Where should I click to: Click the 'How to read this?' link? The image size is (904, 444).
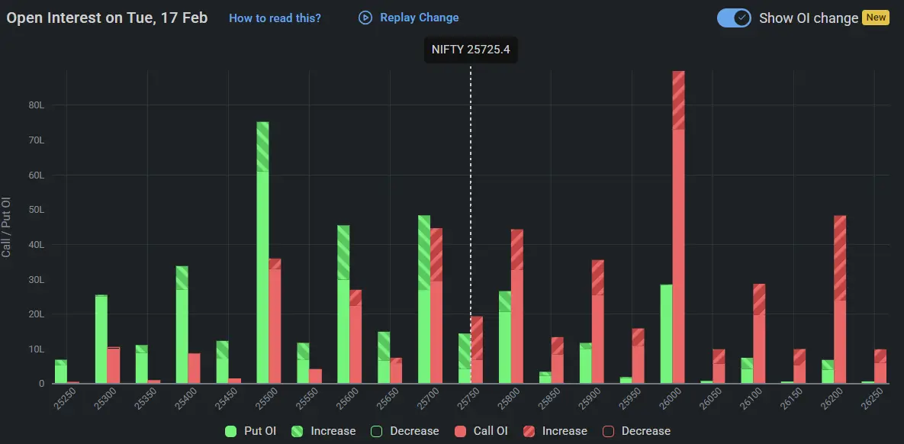coord(275,18)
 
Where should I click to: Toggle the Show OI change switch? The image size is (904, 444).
coord(734,18)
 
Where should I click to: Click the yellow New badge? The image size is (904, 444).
coord(875,18)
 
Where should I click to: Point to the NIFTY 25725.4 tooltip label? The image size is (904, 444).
coord(471,50)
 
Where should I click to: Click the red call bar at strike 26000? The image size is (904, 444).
coord(678,229)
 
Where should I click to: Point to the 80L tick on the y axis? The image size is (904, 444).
coord(37,105)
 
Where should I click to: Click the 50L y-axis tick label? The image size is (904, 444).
coord(37,210)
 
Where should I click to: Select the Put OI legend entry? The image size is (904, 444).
coord(251,431)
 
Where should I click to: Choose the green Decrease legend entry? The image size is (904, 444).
coord(406,431)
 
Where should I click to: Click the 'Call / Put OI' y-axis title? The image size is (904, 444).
coord(7,227)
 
